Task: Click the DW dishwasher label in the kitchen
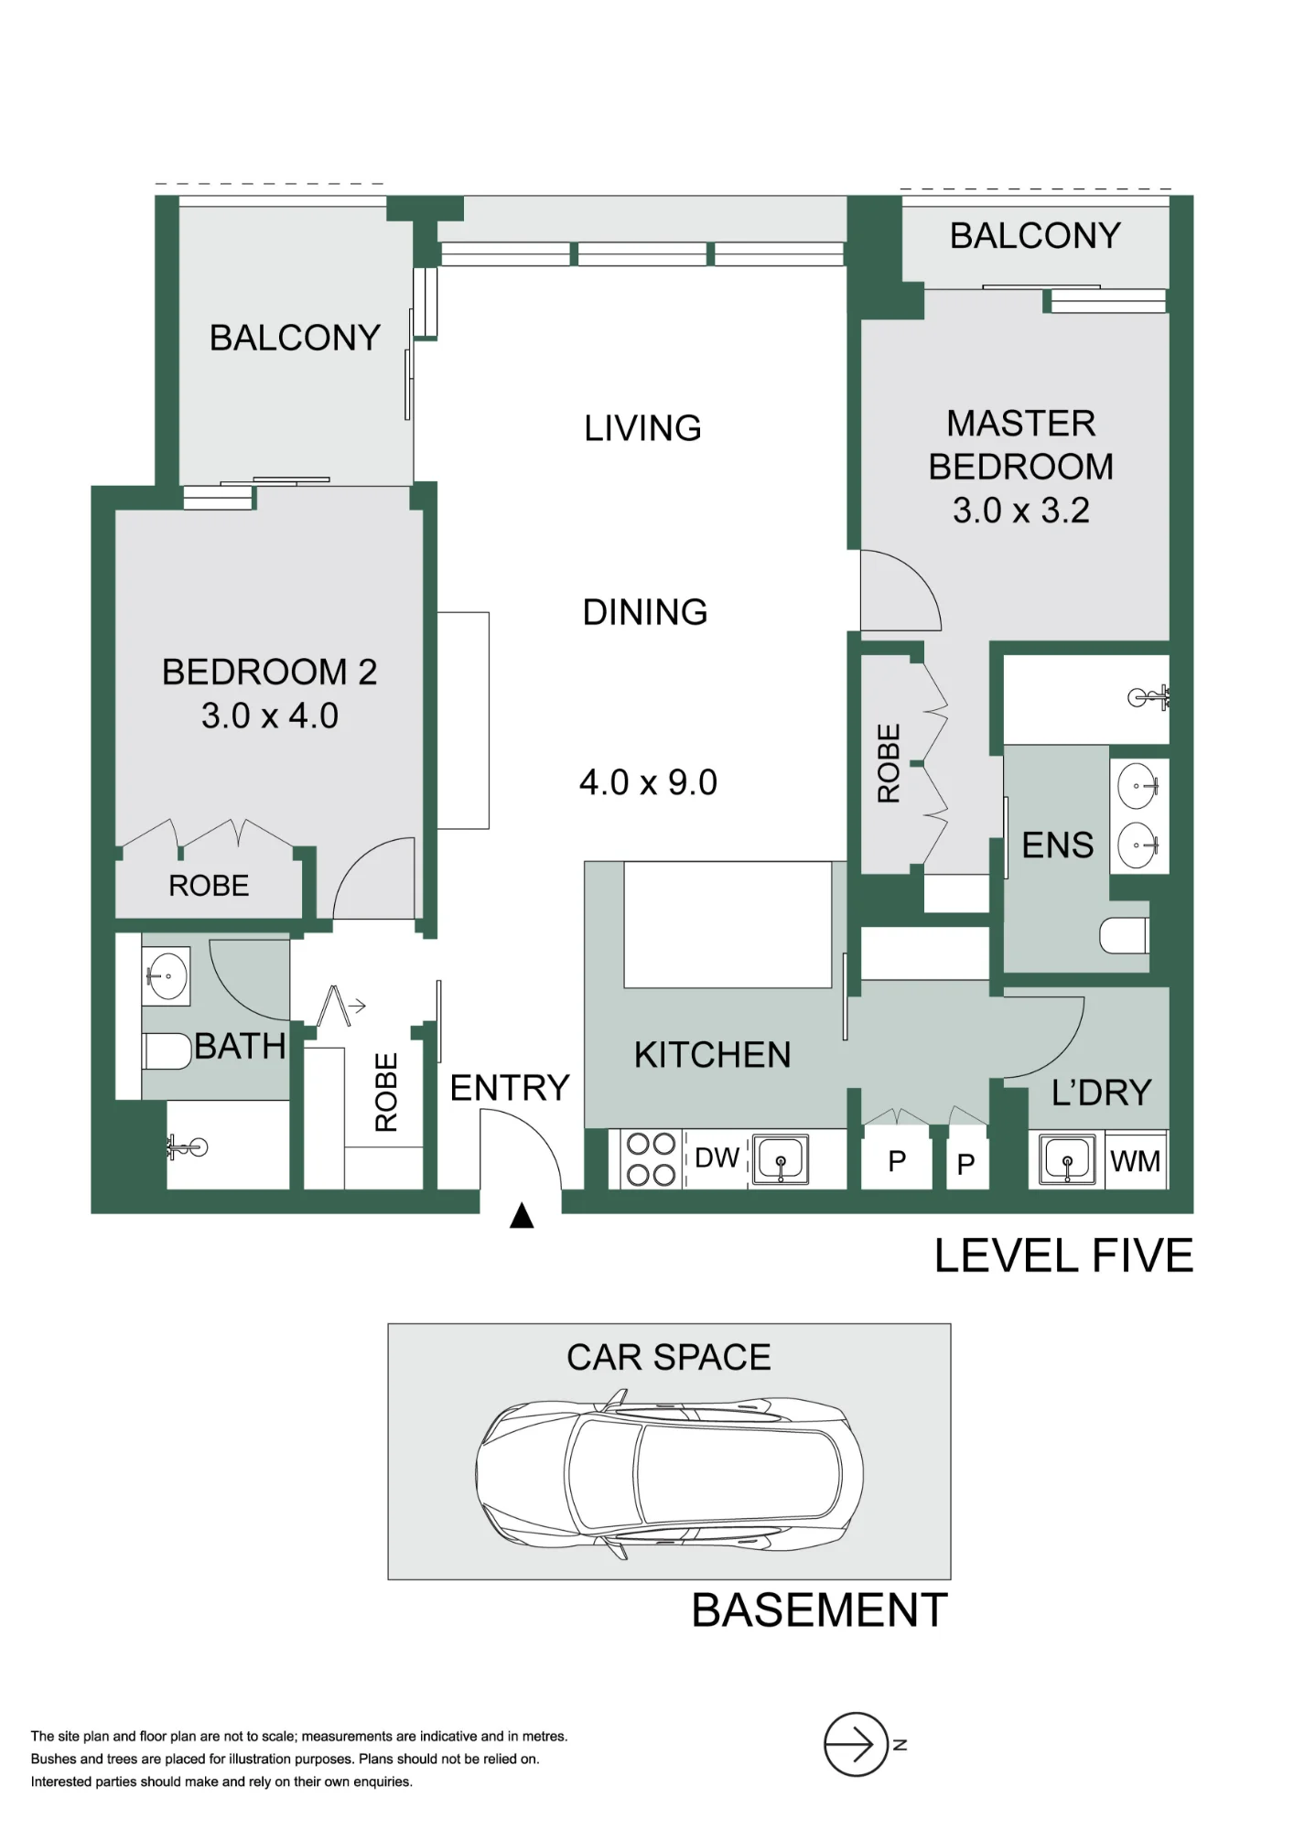pos(717,1157)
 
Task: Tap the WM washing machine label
pos(1135,1161)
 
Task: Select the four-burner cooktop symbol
pos(652,1159)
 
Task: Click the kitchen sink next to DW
pos(781,1158)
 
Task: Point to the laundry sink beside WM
pos(1067,1159)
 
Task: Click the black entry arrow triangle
pos(522,1215)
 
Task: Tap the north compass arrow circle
pos(856,1745)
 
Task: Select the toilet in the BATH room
pos(167,1050)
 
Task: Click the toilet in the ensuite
pos(1124,935)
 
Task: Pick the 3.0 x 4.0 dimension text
pos(270,716)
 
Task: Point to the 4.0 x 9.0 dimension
pos(648,782)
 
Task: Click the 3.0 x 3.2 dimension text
pos(1021,511)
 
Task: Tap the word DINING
pos(645,612)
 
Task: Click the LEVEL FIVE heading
pos(1064,1255)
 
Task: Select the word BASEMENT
pos(819,1610)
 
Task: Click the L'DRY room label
pos(1101,1093)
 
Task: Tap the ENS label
pos(1058,845)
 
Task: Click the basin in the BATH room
pos(167,976)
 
